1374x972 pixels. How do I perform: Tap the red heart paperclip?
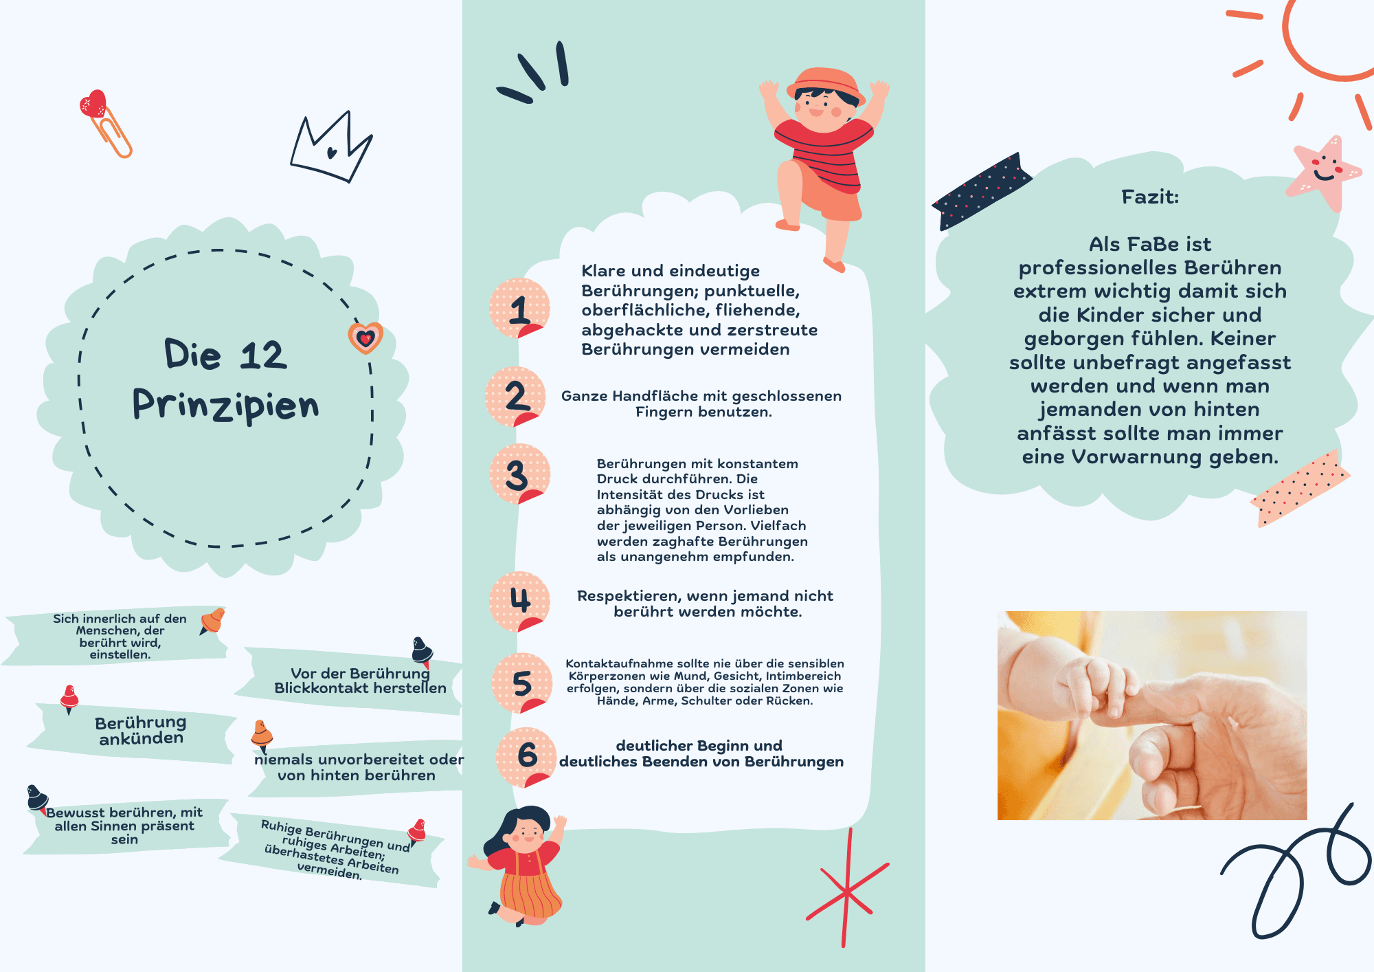104,123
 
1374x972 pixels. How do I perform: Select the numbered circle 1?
519,309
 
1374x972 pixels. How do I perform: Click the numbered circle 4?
519,601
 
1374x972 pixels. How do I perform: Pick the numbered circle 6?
527,757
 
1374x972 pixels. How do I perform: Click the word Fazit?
1150,197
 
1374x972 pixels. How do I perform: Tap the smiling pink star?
1322,173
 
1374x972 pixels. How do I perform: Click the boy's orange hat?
826,85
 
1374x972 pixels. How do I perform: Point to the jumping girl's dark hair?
519,828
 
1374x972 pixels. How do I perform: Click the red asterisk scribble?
847,890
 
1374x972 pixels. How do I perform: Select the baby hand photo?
1152,715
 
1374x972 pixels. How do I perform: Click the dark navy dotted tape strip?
981,190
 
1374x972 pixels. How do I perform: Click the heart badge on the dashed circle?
365,338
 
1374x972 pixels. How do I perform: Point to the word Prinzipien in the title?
225,404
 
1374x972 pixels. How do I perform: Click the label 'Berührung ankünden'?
141,730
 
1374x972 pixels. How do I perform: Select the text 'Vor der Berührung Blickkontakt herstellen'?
360,681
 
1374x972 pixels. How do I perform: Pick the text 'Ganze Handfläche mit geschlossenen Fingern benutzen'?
701,404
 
